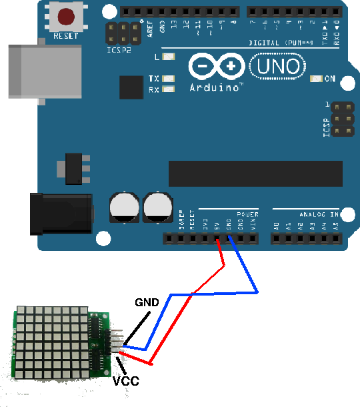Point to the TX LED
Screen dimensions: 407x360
169,78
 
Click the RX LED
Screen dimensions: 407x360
169,89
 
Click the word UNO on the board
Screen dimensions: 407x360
278,65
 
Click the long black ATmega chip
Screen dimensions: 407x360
255,173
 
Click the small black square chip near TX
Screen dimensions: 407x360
131,87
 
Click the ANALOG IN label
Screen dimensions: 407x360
319,215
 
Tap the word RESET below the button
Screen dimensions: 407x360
66,36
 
